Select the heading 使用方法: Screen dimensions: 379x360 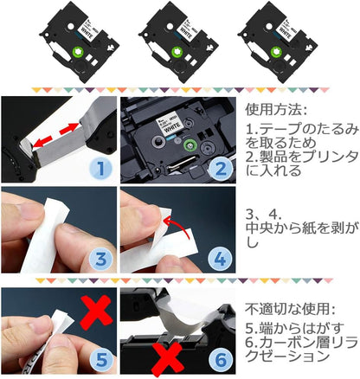275,112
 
